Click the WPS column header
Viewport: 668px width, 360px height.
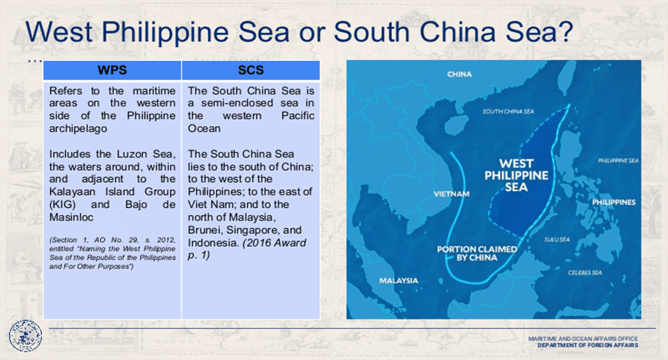(x=112, y=70)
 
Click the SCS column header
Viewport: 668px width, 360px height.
(x=251, y=70)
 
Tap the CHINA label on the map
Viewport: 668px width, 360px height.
(x=459, y=74)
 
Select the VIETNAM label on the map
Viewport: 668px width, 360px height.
(x=452, y=194)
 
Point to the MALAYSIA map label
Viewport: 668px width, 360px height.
(x=398, y=280)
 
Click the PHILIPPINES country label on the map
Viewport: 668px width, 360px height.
(x=613, y=202)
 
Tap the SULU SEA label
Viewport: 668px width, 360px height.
(x=557, y=240)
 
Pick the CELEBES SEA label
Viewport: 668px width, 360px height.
(x=585, y=272)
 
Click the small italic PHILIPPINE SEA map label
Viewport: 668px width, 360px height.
(x=618, y=160)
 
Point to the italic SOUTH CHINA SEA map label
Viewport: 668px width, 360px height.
(x=508, y=111)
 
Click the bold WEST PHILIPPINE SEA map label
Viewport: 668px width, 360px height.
(x=516, y=175)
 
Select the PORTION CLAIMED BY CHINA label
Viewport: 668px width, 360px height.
(x=477, y=253)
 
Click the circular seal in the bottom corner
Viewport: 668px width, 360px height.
(x=26, y=335)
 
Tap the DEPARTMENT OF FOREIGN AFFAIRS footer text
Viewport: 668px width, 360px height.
(x=588, y=345)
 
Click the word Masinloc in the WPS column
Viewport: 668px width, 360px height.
(x=71, y=217)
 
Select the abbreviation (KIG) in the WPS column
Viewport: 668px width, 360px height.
(x=62, y=205)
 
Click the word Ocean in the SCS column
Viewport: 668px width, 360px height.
(x=204, y=128)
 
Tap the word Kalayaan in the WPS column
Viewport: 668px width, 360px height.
(x=71, y=192)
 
